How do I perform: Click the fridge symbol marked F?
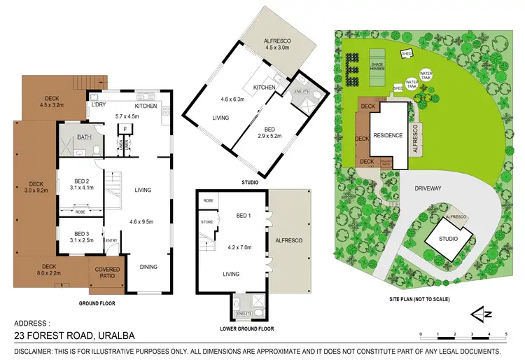tap(124, 129)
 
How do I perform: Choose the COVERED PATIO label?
tap(107, 273)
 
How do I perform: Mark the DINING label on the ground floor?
tap(147, 266)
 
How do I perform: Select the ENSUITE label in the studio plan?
tap(302, 91)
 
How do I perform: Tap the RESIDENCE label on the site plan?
tap(387, 135)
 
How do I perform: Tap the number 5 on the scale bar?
tap(506, 334)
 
